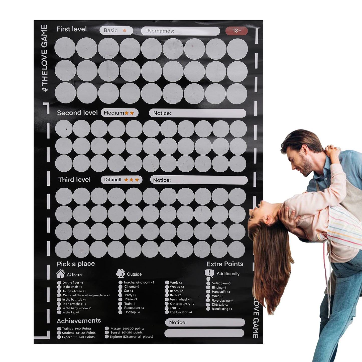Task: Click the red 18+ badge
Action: pyautogui.click(x=236, y=31)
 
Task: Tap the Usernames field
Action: pyautogui.click(x=180, y=31)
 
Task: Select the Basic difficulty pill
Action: pyautogui.click(x=116, y=31)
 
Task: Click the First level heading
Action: pyautogui.click(x=72, y=29)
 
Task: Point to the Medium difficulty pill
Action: pyautogui.click(x=119, y=113)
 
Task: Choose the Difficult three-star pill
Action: pyautogui.click(x=122, y=180)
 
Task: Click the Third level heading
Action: pyautogui.click(x=74, y=180)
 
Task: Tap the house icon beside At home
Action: pyautogui.click(x=60, y=274)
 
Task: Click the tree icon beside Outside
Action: pyautogui.click(x=120, y=273)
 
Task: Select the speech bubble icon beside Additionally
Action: pyautogui.click(x=209, y=273)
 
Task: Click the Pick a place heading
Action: pyautogui.click(x=76, y=264)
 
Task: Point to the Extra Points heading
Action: pyautogui.click(x=225, y=264)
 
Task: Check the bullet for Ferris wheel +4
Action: pyautogui.click(x=167, y=300)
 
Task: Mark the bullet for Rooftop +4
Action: pyautogui.click(x=120, y=312)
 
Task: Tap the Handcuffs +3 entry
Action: pyautogui.click(x=221, y=292)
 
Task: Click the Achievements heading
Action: pyautogui.click(x=79, y=321)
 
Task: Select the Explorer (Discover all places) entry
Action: pyautogui.click(x=131, y=337)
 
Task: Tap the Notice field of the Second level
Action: pyautogui.click(x=197, y=113)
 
